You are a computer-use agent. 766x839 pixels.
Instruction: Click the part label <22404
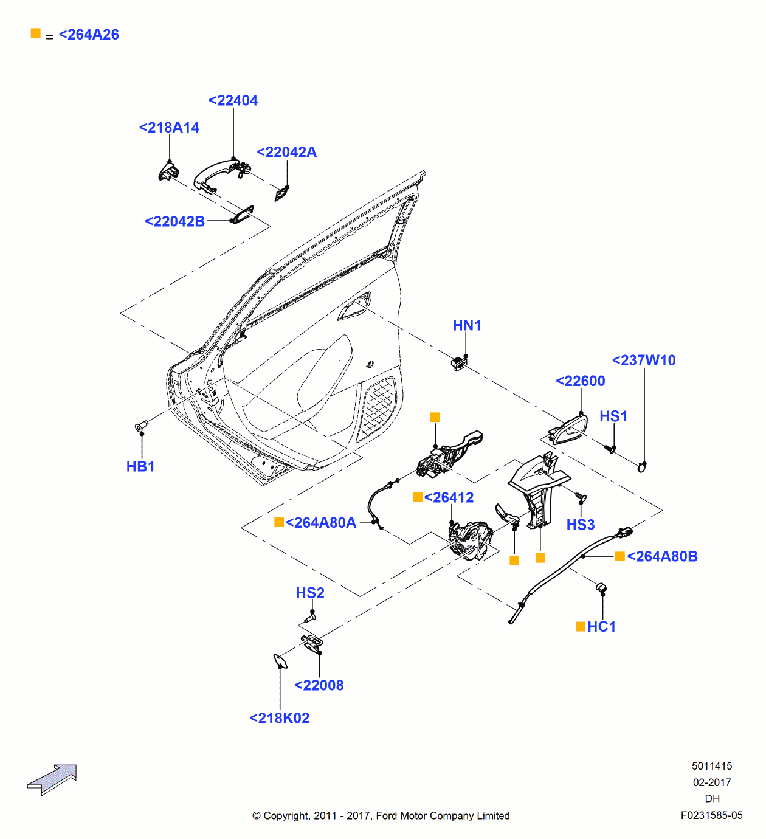pos(233,100)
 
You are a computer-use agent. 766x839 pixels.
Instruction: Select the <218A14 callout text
pos(169,128)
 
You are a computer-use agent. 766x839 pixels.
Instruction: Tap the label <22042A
pos(287,152)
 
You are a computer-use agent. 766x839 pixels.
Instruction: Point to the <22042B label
pos(175,221)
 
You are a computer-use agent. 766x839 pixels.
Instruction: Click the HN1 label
pos(467,325)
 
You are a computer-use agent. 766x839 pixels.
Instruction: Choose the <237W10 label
pos(644,361)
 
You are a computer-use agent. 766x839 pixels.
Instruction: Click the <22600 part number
pos(581,381)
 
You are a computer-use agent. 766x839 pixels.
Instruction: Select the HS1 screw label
pos(613,416)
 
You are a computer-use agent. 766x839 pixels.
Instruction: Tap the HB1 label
pos(140,466)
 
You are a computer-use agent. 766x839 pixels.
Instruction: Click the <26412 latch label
pos(449,497)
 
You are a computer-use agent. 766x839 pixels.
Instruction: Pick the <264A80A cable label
pos(320,523)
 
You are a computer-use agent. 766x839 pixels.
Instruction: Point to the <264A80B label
pos(662,556)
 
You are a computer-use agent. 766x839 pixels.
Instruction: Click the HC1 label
pos(601,627)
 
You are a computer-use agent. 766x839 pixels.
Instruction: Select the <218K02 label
pos(280,718)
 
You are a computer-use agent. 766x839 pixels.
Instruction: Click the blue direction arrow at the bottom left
pos(53,779)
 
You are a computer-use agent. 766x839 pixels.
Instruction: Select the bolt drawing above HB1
pos(141,427)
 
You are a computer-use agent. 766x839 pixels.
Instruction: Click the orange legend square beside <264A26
pos(36,33)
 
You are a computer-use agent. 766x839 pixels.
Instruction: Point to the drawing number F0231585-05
pos(711,815)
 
